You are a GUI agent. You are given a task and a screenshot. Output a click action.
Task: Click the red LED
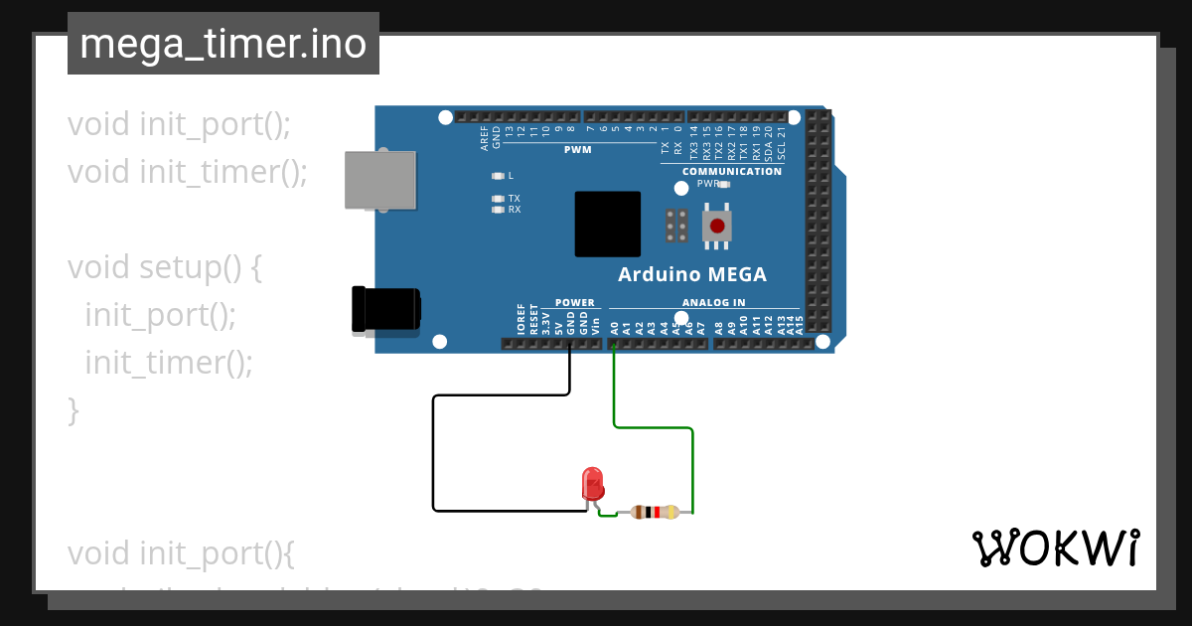coord(592,484)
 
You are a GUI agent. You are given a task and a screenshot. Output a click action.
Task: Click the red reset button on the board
coord(716,227)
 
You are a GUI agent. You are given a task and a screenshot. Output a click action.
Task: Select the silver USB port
coord(379,180)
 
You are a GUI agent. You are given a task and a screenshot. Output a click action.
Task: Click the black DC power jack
coord(385,309)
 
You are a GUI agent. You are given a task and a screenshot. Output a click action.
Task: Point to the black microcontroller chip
coord(607,224)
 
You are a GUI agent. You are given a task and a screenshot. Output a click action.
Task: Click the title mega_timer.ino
coord(223,45)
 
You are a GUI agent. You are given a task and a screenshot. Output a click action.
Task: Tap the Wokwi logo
coord(1055,548)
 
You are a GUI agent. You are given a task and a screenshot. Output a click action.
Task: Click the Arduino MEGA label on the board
coord(692,275)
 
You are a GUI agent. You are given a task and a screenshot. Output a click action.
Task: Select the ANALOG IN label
coord(713,303)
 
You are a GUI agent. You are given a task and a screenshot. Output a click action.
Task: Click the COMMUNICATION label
coord(732,171)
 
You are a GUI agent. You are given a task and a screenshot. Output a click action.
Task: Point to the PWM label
coord(577,150)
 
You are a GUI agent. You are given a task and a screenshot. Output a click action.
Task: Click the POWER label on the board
coord(574,303)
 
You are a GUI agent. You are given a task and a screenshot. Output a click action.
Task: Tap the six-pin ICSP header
coord(676,226)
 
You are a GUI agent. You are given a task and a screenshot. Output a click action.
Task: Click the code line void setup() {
coord(164,267)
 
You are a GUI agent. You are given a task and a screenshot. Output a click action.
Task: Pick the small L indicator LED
coord(499,176)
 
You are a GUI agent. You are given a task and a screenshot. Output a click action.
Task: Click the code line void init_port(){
coord(181,552)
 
